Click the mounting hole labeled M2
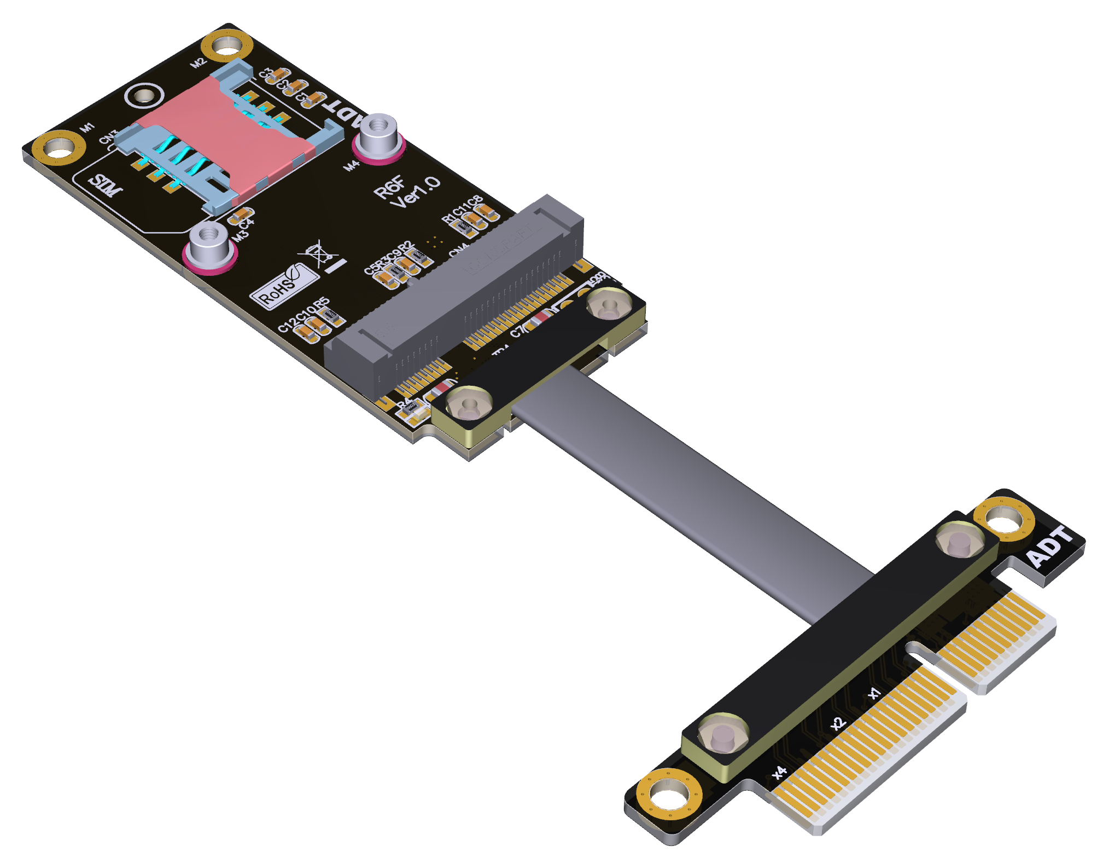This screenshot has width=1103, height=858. (x=227, y=47)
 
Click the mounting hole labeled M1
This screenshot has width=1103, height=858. (x=59, y=148)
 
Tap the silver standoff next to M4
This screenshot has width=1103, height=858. (x=378, y=135)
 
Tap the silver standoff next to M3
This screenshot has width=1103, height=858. (x=209, y=244)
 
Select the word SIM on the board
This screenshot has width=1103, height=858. (x=105, y=185)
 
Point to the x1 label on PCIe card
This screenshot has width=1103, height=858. (x=874, y=693)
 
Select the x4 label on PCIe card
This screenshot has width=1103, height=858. (x=779, y=772)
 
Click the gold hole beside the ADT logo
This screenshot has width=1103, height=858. (x=1003, y=519)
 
